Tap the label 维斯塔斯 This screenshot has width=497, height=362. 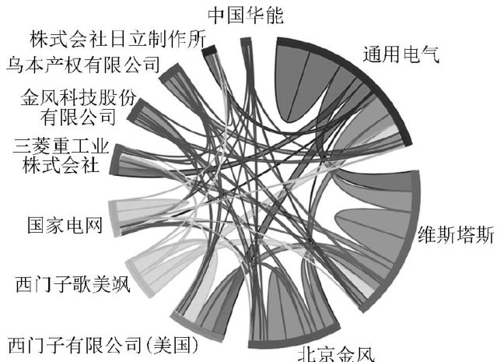click(455, 236)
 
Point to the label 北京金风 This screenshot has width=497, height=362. click(336, 353)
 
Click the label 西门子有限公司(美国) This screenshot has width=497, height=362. click(104, 343)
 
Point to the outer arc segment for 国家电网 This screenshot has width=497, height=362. click(113, 218)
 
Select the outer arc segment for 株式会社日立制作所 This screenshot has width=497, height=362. click(208, 50)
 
